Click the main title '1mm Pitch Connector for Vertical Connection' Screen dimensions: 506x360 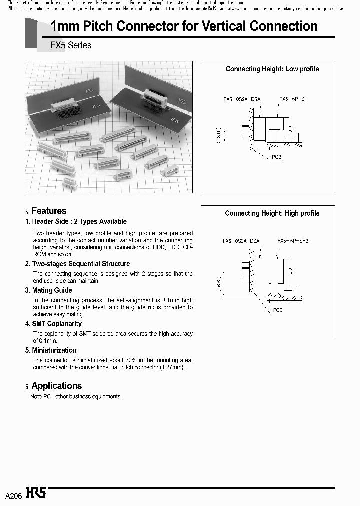click(184, 26)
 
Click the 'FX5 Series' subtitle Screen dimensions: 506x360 click(71, 45)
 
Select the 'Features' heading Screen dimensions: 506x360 click(49, 211)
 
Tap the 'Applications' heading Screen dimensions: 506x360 click(56, 386)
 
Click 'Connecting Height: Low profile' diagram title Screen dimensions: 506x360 click(272, 69)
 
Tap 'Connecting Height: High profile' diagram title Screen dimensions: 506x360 click(272, 213)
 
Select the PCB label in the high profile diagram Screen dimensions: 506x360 click(278, 310)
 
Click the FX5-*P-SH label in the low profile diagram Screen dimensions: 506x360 click(293, 99)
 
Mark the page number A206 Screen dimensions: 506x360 click(13, 496)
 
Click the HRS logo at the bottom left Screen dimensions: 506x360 click(36, 493)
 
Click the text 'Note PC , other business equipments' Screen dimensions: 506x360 click(75, 396)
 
